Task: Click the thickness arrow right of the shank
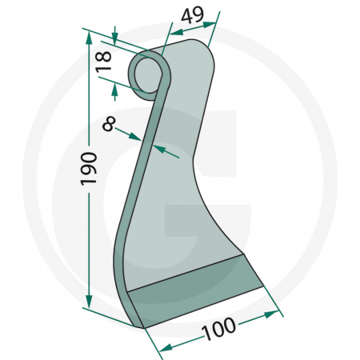pyautogui.click(x=159, y=150)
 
